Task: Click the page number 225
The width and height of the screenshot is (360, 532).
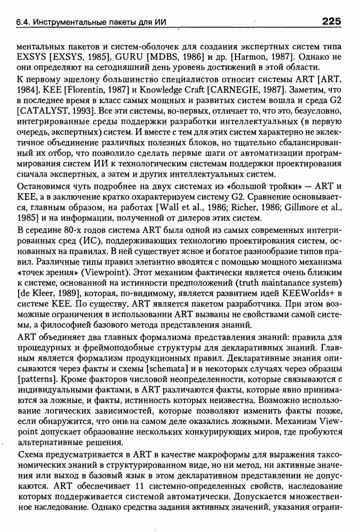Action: [x=331, y=21]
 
